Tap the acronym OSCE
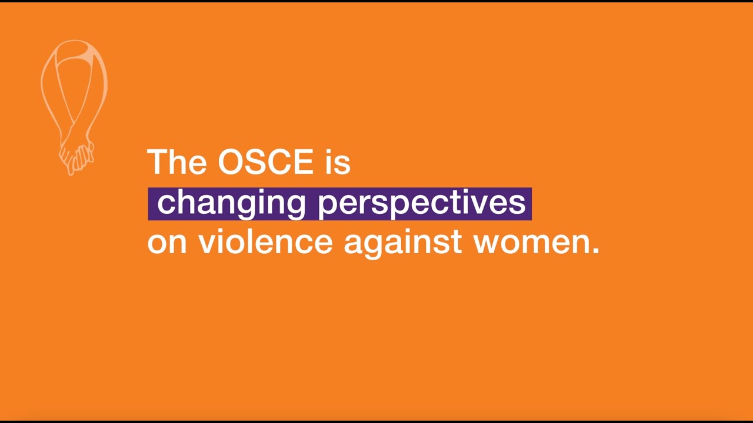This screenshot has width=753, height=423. (265, 162)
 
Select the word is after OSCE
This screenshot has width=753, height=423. (338, 162)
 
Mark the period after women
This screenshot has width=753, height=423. (595, 251)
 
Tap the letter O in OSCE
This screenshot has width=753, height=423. (231, 162)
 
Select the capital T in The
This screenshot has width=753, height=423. (157, 162)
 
